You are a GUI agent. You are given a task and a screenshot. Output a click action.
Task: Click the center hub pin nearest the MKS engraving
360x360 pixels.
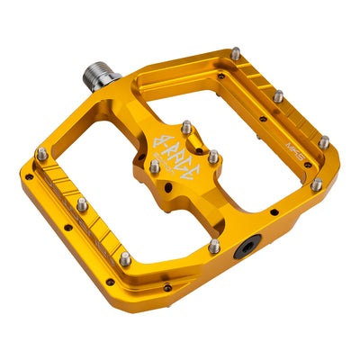pyautogui.click(x=213, y=156)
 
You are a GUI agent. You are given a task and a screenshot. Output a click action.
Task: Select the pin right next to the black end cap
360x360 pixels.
pyautogui.click(x=214, y=245)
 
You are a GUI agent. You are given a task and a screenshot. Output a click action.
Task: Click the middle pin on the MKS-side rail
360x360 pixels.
pyautogui.click(x=278, y=95)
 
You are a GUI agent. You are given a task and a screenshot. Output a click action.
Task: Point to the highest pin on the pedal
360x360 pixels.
pyautogui.click(x=235, y=54)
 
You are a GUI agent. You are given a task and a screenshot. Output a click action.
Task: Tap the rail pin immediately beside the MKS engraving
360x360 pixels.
pyautogui.click(x=323, y=141)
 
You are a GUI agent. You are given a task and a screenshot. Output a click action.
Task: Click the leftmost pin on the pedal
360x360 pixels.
pyautogui.click(x=41, y=154)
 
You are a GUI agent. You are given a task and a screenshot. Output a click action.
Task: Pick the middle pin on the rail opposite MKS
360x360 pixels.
pyautogui.click(x=82, y=205)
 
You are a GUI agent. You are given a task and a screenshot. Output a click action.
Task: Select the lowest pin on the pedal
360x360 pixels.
pyautogui.click(x=124, y=258)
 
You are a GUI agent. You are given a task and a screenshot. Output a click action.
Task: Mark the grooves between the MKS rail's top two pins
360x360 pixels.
pyautogui.click(x=259, y=76)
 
